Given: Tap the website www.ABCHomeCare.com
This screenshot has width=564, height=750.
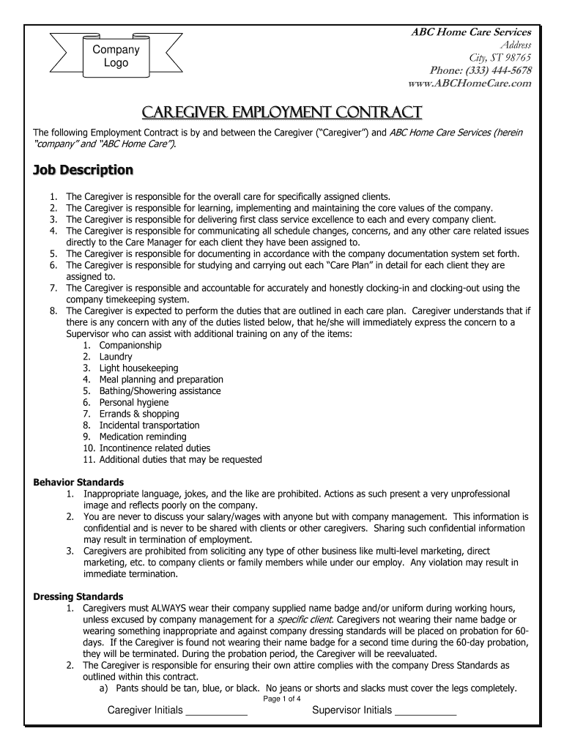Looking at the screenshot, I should click(x=470, y=83).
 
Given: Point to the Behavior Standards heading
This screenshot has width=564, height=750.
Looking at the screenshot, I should click(x=79, y=482).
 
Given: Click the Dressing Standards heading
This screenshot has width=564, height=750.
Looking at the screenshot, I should click(x=78, y=596).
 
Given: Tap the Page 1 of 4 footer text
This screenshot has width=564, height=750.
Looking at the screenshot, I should click(x=282, y=698).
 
